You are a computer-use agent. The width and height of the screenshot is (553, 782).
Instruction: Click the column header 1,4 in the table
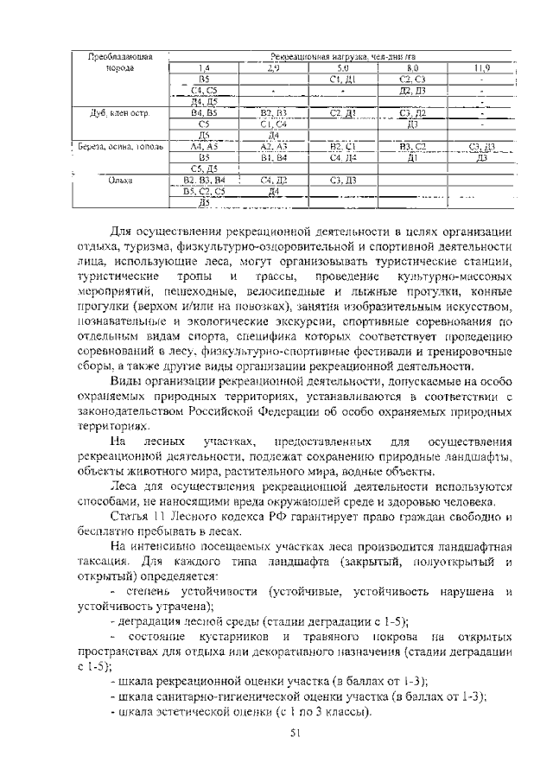click(x=204, y=67)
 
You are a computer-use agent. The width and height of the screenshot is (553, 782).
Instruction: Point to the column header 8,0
click(x=412, y=67)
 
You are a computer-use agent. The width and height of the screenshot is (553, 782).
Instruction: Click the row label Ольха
click(x=120, y=180)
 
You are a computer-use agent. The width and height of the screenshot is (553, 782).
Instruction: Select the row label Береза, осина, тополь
click(x=120, y=146)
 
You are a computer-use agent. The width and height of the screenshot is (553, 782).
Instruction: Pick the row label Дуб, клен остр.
click(x=120, y=112)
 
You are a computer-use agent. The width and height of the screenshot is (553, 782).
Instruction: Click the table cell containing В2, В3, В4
click(x=205, y=180)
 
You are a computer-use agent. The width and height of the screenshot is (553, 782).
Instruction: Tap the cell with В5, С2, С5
click(x=205, y=191)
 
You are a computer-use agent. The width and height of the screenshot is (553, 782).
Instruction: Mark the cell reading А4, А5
click(x=205, y=146)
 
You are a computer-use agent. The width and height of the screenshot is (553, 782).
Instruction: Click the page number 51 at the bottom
click(x=293, y=734)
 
